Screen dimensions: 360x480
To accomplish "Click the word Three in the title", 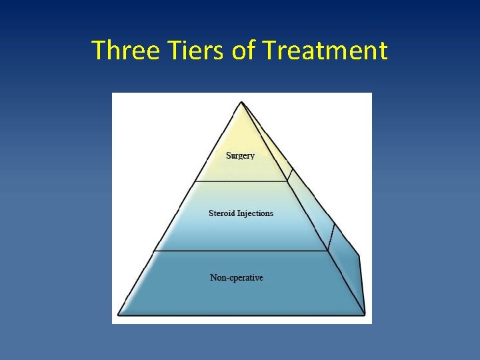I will pos(125,51).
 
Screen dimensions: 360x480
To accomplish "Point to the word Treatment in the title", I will pos(325,51).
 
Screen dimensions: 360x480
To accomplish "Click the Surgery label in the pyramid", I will pos(240,155).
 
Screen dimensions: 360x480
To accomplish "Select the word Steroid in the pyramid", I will pos(222,213).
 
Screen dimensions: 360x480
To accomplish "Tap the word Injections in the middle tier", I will pos(255,213).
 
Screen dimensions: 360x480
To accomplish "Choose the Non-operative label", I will pos(237,277).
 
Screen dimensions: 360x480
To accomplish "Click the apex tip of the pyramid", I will pos(241,102).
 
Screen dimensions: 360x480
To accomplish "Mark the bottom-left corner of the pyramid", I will pos(119,313).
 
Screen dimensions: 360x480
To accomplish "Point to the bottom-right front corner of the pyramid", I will pos(365,313).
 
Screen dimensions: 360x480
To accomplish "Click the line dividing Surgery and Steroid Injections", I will pos(240,181).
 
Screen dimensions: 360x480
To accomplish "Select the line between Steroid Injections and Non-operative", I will pos(240,251).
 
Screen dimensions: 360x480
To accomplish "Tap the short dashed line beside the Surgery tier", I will pos(289,173).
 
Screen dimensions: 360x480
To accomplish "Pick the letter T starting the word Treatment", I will pos(269,51).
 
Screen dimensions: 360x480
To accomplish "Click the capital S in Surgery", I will pos(229,155).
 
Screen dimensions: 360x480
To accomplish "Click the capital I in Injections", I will pos(239,213).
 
